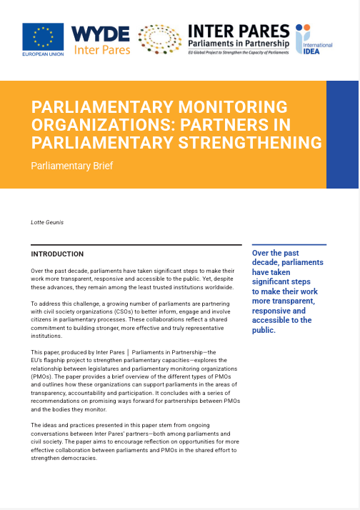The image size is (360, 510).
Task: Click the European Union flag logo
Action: point(43,36)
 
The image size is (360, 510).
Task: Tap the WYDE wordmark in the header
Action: point(100,34)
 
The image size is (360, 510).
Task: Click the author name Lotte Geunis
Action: point(49,223)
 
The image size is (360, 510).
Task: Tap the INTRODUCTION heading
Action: point(57,254)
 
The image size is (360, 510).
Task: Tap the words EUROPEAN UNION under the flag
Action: point(42,54)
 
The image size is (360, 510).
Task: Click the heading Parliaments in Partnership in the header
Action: point(238,44)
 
